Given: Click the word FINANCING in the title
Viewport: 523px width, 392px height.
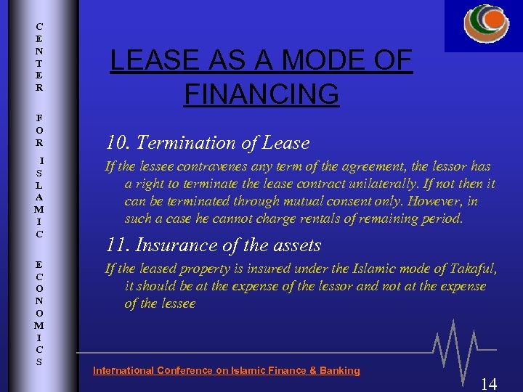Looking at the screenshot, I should (261, 94).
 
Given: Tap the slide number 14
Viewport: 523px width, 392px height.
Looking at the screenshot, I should (489, 383).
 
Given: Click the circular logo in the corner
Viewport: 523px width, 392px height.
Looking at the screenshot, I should (486, 23).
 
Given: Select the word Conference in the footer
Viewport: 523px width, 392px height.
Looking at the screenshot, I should (185, 370).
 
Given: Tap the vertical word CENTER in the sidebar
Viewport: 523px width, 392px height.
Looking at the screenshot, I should (39, 57).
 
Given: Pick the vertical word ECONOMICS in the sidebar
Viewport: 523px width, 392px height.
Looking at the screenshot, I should (39, 309).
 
